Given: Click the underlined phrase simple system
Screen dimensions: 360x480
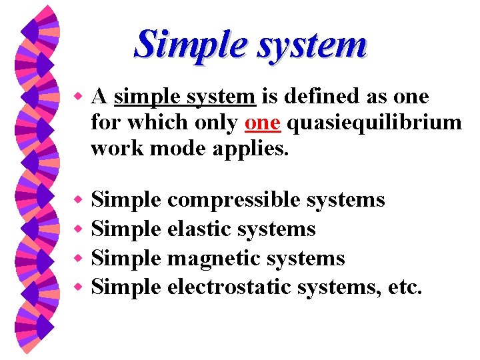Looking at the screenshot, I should coord(185,97).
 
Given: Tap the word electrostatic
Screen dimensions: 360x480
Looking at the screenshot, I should coord(227,287).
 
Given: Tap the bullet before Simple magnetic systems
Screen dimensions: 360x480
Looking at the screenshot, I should coord(77,259).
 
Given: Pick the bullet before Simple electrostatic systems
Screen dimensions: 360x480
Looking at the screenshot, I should coord(77,288).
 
